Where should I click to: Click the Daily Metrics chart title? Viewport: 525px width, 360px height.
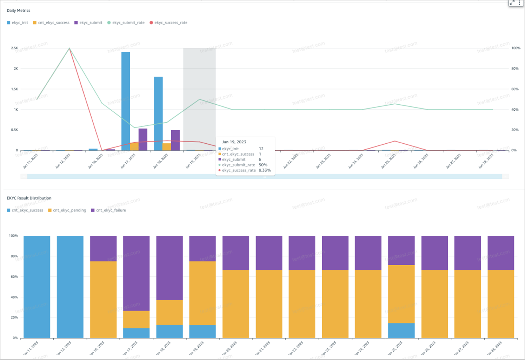(x=18, y=10)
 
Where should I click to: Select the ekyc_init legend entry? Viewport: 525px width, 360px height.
(x=18, y=23)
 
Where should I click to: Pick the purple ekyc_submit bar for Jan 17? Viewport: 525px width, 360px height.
(x=143, y=139)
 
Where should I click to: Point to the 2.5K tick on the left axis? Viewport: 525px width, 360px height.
(x=14, y=48)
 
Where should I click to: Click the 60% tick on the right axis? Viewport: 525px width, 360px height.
(x=515, y=89)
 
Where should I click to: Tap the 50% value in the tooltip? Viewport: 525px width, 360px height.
(x=263, y=165)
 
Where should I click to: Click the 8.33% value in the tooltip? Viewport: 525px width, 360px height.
(x=264, y=170)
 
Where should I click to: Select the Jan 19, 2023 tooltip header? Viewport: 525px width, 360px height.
(x=234, y=142)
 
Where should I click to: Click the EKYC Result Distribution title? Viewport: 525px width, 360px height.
(x=29, y=198)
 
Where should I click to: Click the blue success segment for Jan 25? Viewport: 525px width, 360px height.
(x=401, y=331)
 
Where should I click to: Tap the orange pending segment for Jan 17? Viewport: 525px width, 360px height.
(x=136, y=319)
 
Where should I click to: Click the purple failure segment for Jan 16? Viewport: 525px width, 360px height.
(x=103, y=248)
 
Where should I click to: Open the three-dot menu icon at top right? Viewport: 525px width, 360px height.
(x=519, y=3)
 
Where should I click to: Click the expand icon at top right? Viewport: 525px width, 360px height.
(x=512, y=3)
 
